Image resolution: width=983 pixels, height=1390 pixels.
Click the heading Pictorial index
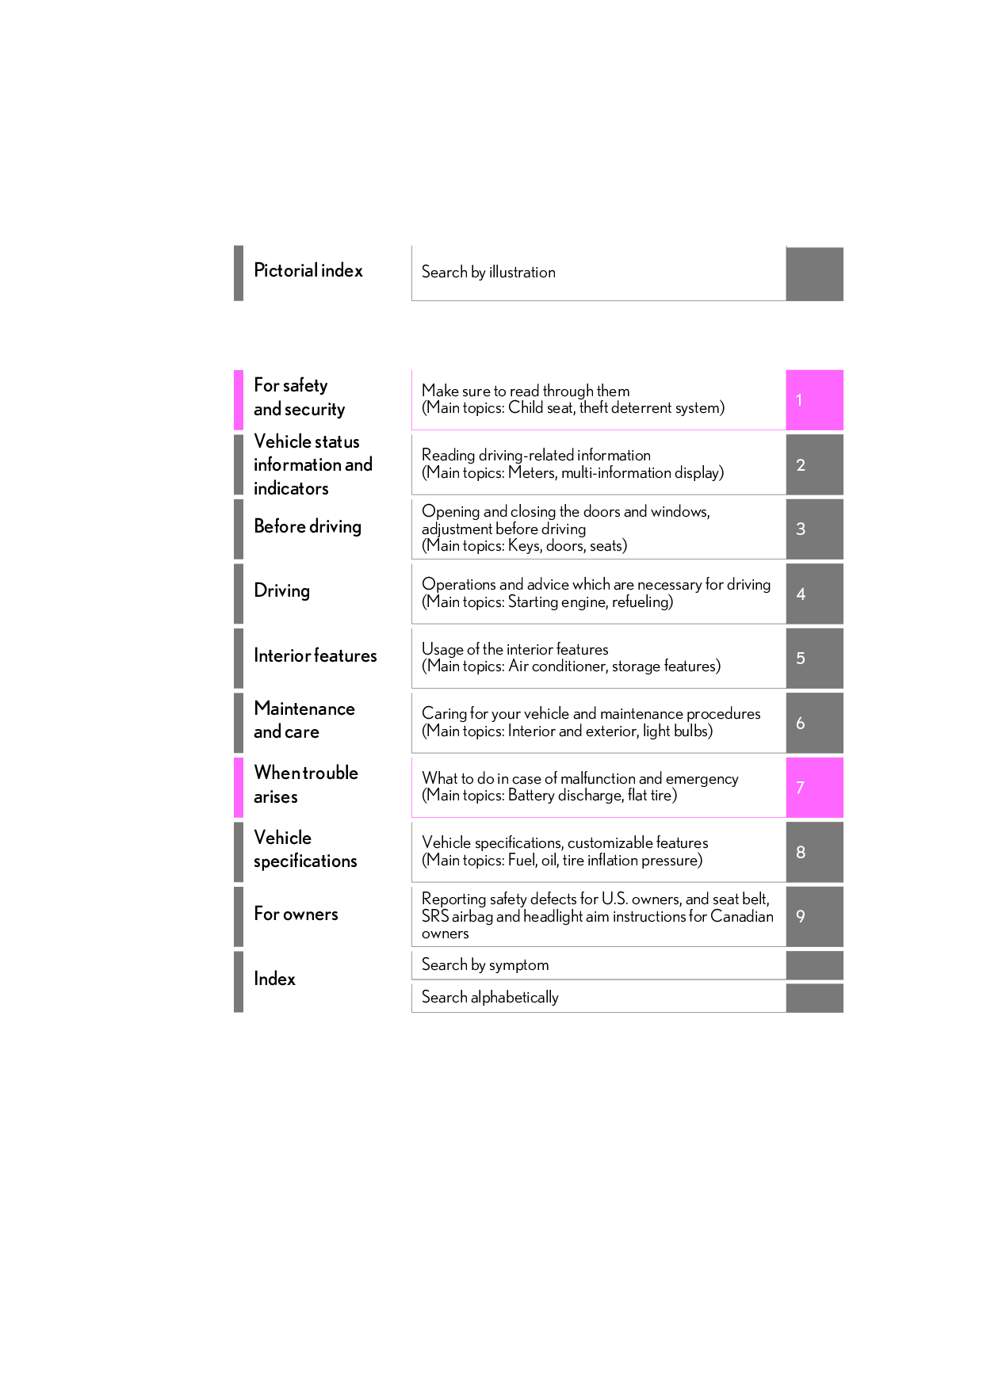tap(308, 271)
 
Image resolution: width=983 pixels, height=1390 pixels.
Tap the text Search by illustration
tap(488, 273)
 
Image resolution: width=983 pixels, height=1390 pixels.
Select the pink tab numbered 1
tap(813, 400)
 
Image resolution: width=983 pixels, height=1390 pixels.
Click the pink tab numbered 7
tap(813, 788)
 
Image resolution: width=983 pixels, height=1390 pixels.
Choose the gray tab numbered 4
tap(813, 594)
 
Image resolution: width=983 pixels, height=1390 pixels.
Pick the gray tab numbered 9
tap(813, 917)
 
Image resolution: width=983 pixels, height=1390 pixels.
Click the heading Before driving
tap(308, 527)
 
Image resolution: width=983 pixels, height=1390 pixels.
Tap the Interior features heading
tap(316, 656)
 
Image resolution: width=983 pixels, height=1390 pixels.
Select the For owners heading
tap(296, 915)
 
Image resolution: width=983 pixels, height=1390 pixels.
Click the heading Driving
tap(281, 591)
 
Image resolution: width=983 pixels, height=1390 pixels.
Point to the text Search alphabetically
tap(490, 998)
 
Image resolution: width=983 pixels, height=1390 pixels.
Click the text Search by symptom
tap(485, 965)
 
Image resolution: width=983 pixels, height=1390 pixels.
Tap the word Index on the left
tap(274, 979)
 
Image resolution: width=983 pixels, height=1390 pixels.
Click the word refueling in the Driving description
tap(641, 602)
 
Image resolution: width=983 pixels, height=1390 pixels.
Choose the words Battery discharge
tap(564, 796)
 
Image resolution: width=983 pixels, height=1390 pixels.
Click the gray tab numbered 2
tap(813, 465)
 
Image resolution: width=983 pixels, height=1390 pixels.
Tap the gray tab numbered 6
tap(813, 724)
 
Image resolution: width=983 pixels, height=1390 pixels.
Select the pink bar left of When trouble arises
tap(239, 788)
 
